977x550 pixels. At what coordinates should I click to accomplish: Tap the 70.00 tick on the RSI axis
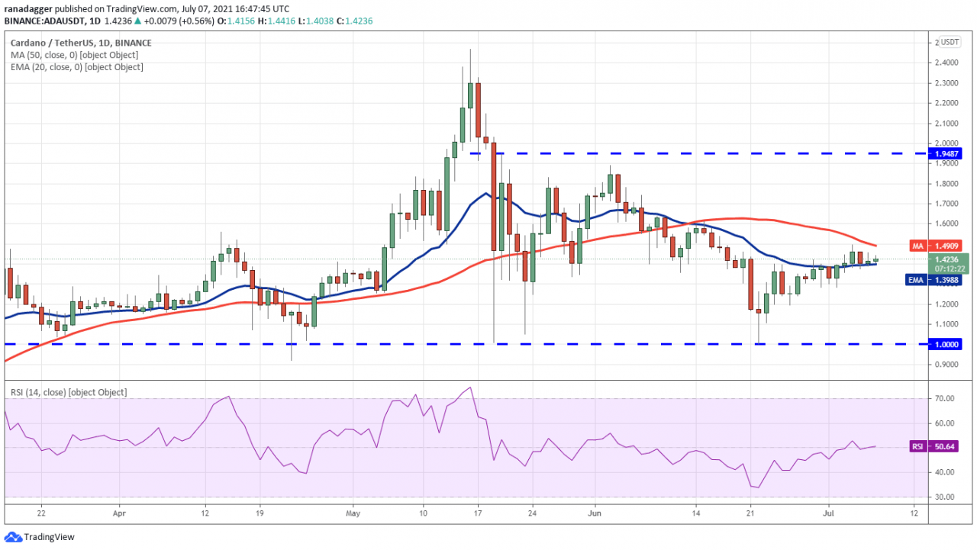click(x=947, y=399)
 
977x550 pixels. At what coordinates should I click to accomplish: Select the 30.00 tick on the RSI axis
click(x=947, y=497)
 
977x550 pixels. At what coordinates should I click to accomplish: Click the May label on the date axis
click(x=352, y=514)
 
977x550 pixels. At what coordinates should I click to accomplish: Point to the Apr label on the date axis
click(x=119, y=514)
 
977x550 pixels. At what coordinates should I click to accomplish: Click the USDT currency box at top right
click(x=950, y=42)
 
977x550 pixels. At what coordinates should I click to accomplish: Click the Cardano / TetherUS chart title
click(x=80, y=43)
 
